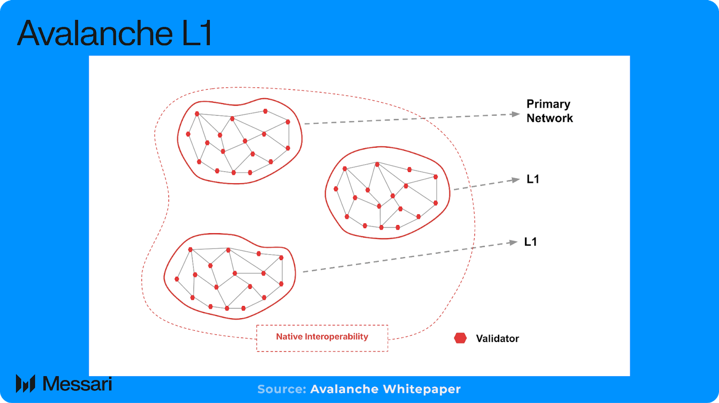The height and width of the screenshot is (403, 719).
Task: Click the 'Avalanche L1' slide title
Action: point(114,34)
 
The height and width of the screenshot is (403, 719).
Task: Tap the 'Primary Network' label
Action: point(549,111)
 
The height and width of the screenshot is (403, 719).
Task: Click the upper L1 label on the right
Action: point(533,179)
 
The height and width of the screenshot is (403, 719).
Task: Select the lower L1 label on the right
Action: point(530,242)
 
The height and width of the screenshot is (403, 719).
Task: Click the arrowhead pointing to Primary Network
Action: point(516,114)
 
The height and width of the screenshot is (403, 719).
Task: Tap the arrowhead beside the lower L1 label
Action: point(514,242)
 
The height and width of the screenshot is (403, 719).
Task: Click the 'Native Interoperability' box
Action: point(322,338)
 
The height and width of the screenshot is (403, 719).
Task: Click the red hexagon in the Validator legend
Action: point(460,338)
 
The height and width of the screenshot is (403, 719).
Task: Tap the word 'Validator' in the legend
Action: point(497,339)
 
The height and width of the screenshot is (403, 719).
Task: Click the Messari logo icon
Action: point(26,384)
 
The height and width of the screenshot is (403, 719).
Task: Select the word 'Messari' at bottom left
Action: point(77,384)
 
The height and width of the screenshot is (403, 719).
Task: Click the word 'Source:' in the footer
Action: point(282,389)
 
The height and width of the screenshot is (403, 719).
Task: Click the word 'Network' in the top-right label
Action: point(549,118)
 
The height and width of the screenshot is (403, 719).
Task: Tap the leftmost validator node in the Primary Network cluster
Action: point(188,134)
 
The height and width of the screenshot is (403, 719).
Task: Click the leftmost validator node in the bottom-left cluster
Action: point(177,279)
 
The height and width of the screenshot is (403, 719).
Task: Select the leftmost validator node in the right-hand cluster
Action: point(336,189)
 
